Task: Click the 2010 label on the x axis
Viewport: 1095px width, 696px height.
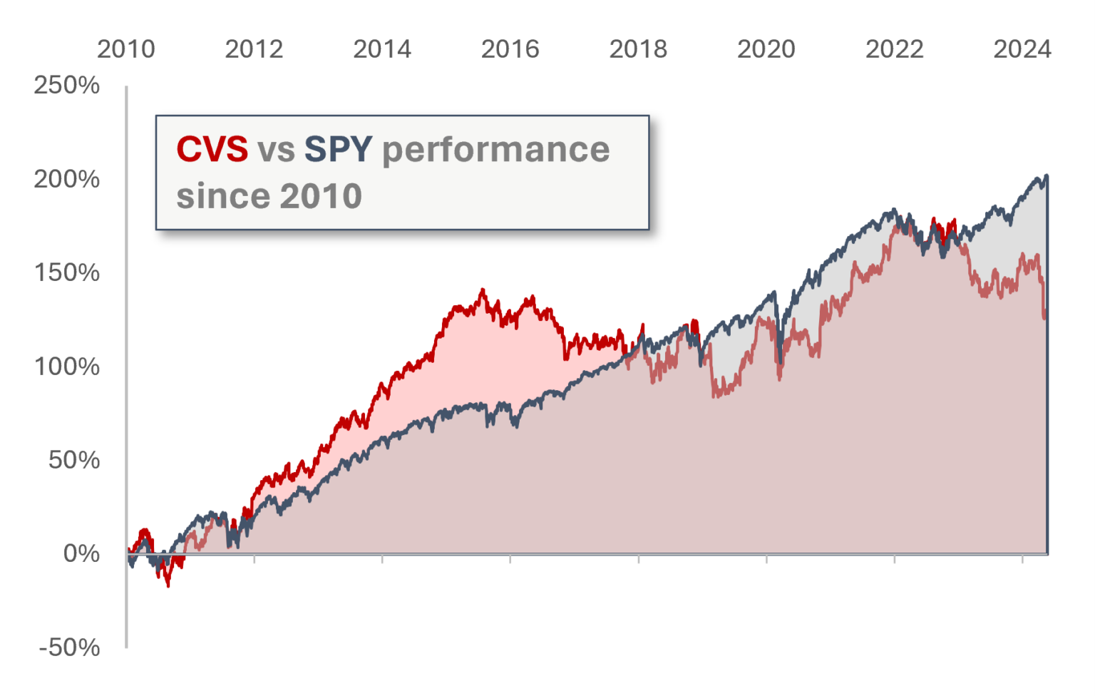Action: (126, 49)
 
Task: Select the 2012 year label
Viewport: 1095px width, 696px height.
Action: (254, 49)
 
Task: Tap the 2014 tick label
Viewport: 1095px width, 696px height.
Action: (382, 49)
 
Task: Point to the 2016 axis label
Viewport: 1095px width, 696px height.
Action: (510, 49)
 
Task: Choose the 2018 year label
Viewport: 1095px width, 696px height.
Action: (638, 49)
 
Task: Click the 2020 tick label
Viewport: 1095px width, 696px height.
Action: (766, 49)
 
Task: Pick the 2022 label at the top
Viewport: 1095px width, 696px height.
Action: (894, 49)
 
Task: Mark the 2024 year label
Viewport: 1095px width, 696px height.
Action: (1022, 49)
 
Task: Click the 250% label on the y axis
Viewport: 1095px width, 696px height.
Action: (67, 86)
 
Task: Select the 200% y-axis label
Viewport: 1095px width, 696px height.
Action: (67, 179)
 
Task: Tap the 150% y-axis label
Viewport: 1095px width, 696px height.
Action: (67, 272)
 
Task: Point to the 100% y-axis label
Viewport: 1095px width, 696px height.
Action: (67, 367)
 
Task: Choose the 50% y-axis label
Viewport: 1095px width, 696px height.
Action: (74, 460)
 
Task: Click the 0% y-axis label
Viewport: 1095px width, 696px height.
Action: (81, 553)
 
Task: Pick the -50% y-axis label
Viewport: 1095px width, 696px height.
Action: (70, 648)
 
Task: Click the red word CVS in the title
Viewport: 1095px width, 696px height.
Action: (212, 150)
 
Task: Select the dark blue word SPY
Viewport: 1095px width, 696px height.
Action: (338, 150)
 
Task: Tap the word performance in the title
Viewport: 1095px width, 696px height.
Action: (496, 150)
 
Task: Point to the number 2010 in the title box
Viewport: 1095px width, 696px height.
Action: (322, 196)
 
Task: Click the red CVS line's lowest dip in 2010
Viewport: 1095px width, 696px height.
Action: (168, 585)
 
